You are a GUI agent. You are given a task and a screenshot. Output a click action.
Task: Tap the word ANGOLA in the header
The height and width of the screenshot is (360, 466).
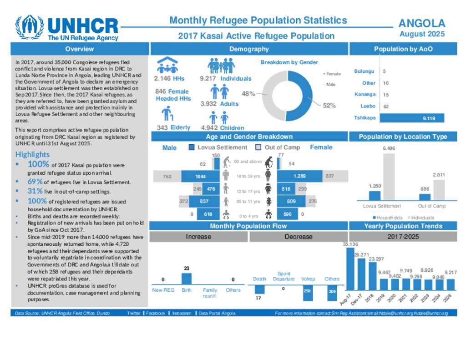pos(421,24)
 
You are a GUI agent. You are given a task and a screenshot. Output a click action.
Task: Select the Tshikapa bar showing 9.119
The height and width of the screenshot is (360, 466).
pos(411,118)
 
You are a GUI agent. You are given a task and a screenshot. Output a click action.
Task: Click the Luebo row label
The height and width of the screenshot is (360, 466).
pos(368,106)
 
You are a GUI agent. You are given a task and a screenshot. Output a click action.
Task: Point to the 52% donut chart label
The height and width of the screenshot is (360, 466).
pos(329,106)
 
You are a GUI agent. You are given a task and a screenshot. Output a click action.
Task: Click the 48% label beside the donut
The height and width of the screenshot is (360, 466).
pos(248,94)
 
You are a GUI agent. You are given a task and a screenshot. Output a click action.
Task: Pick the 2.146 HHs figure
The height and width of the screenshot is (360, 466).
pos(169,79)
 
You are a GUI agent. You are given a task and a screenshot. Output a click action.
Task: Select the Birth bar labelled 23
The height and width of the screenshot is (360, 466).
pos(187,279)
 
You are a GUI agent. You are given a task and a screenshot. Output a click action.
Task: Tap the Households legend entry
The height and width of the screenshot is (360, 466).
pos(387,218)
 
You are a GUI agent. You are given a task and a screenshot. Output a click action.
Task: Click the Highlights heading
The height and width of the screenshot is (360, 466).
pos(32,155)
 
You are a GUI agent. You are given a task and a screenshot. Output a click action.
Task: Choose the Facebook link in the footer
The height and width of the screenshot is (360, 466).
pos(155,313)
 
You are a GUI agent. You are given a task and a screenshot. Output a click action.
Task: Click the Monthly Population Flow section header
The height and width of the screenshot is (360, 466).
pos(248,226)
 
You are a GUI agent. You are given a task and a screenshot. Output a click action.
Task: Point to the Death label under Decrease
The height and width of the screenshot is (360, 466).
pos(259,279)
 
